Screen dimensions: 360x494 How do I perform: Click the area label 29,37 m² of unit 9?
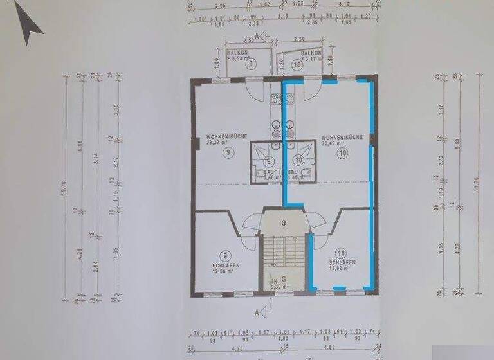pyautogui.click(x=219, y=144)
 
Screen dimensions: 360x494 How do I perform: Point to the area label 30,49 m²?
pyautogui.click(x=334, y=144)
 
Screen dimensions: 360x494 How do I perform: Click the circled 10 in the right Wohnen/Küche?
pyautogui.click(x=342, y=153)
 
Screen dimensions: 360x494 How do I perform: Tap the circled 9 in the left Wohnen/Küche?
pyautogui.click(x=228, y=153)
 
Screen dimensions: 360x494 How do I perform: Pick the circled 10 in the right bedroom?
pyautogui.click(x=342, y=253)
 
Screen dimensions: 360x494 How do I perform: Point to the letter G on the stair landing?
pyautogui.click(x=284, y=222)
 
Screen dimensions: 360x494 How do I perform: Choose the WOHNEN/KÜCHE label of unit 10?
pyautogui.click(x=343, y=137)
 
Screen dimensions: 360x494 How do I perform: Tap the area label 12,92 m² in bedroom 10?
pyautogui.click(x=338, y=269)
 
